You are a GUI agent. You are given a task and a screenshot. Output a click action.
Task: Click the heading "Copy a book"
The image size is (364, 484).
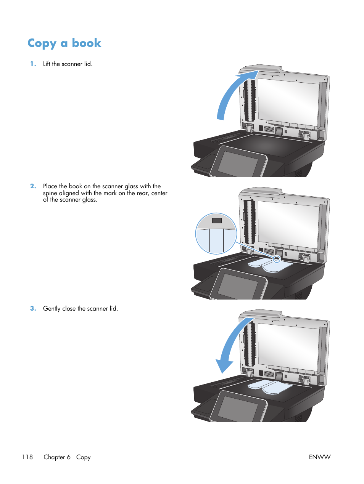coord(64,43)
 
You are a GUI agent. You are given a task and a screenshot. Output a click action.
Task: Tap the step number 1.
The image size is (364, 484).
coord(33,64)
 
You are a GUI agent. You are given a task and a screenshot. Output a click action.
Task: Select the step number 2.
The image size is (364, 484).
coord(33,186)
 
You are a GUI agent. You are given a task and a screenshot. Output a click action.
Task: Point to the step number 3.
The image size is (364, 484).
coord(33,309)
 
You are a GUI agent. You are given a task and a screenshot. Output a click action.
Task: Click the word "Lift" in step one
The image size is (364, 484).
coord(47,64)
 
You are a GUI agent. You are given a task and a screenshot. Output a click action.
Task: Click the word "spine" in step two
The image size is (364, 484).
coord(50,193)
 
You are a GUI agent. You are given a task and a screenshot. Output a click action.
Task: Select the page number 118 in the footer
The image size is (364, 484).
coord(27,457)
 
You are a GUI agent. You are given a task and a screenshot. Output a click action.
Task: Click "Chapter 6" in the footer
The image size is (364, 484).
coord(57,457)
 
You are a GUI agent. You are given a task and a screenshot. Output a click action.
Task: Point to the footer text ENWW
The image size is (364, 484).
coord(319,457)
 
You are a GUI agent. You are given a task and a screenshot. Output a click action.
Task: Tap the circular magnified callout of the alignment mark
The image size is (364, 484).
coord(216,234)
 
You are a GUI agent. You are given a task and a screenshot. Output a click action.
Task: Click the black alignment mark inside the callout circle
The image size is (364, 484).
coord(217,221)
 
